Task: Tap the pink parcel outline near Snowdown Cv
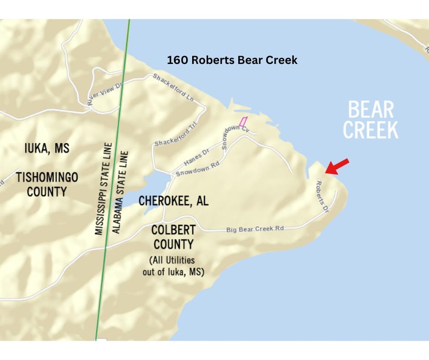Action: pyautogui.click(x=243, y=122)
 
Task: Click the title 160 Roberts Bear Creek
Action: pyautogui.click(x=232, y=60)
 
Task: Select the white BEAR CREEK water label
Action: pyautogui.click(x=370, y=120)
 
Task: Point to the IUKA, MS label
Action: pyautogui.click(x=47, y=149)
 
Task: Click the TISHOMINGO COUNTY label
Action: pyautogui.click(x=47, y=184)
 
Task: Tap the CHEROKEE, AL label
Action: pyautogui.click(x=173, y=201)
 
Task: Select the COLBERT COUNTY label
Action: pyautogui.click(x=173, y=237)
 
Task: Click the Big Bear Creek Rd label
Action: pyautogui.click(x=255, y=229)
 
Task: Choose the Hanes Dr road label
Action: pyautogui.click(x=196, y=158)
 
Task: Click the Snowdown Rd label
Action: pyautogui.click(x=192, y=170)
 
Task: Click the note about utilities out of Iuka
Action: pyautogui.click(x=173, y=266)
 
